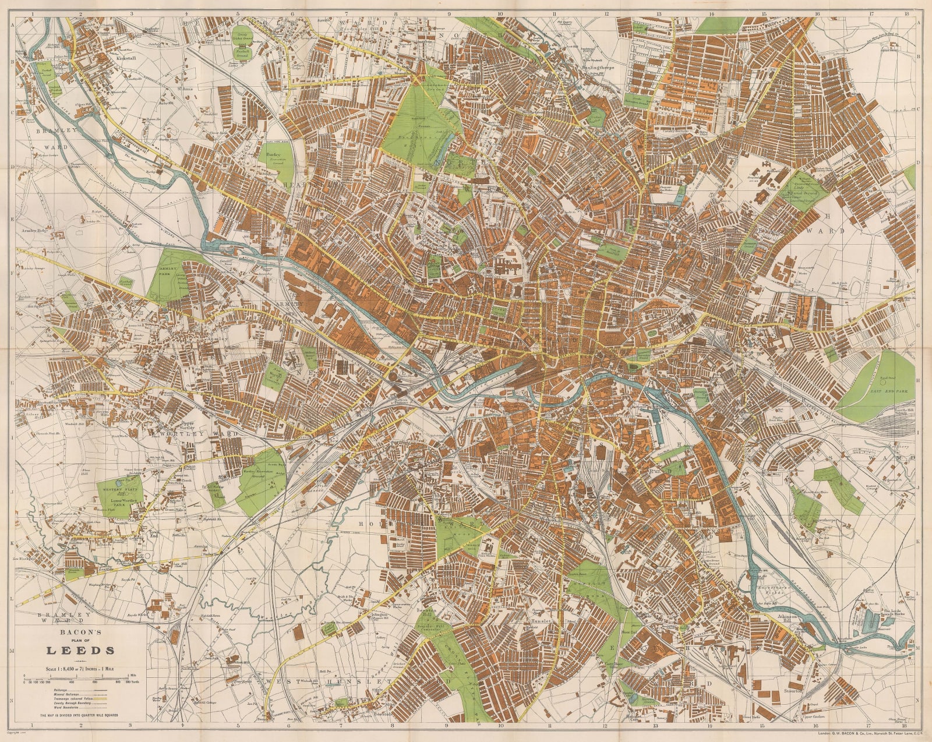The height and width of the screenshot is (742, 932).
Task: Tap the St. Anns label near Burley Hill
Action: tap(185, 89)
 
